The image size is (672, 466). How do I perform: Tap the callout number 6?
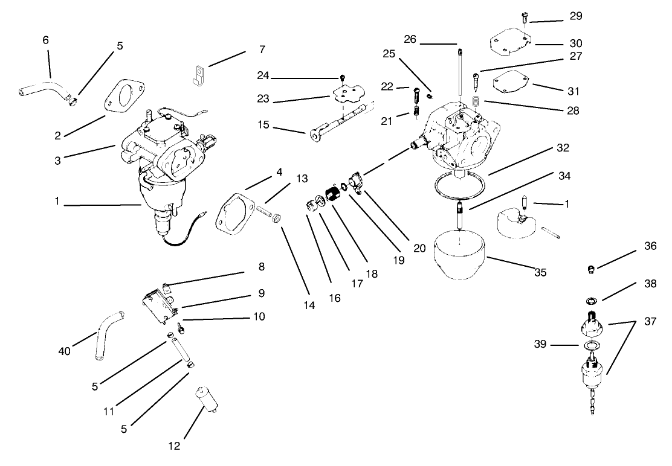point(46,40)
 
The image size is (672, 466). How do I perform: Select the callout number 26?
point(410,40)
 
